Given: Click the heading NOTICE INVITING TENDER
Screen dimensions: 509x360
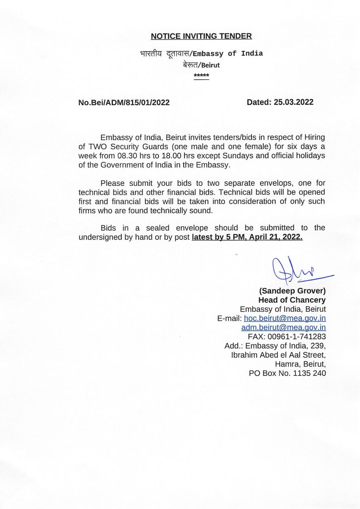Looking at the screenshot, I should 201,36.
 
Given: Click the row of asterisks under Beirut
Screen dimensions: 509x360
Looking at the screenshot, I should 201,76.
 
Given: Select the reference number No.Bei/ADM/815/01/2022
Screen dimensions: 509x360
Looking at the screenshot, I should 124,103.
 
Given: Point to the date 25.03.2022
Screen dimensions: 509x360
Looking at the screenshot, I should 293,102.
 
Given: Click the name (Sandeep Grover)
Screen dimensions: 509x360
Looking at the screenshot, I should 292,291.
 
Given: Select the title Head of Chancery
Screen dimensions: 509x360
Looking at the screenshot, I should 292,300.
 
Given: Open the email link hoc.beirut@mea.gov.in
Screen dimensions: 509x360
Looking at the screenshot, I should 285,318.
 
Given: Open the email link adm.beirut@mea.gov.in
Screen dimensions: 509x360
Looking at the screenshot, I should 283,327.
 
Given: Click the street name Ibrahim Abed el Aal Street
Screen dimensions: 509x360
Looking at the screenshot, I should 278,355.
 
